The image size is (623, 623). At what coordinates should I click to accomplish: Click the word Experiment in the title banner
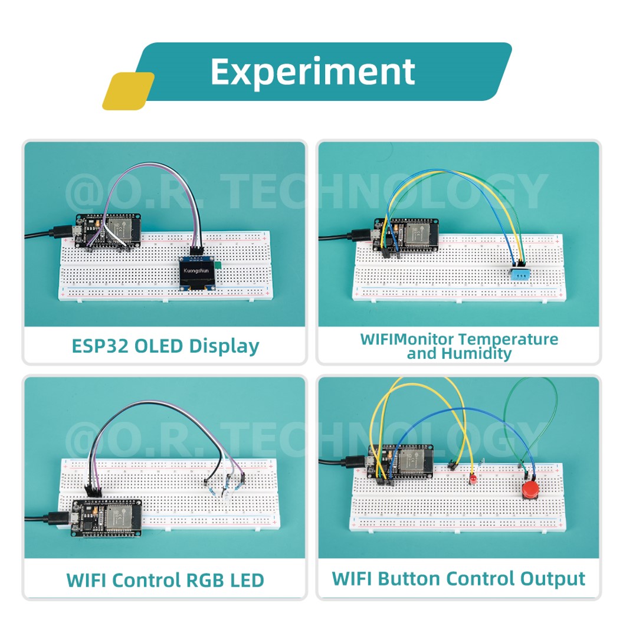click(x=312, y=72)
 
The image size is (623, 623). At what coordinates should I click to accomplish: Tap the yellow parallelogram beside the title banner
click(x=129, y=91)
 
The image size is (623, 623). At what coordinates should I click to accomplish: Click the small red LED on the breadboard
click(x=473, y=479)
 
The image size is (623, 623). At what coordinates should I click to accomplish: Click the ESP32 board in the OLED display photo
click(x=109, y=231)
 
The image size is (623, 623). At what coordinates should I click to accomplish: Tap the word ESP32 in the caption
click(x=99, y=346)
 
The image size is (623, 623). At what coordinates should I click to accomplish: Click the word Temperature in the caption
click(x=508, y=339)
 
